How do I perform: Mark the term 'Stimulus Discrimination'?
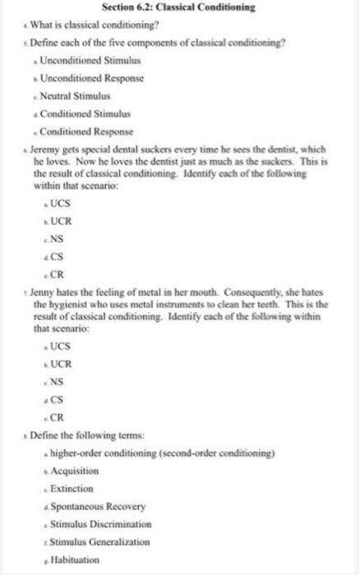click(x=101, y=523)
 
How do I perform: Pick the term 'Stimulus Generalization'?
click(x=103, y=541)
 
